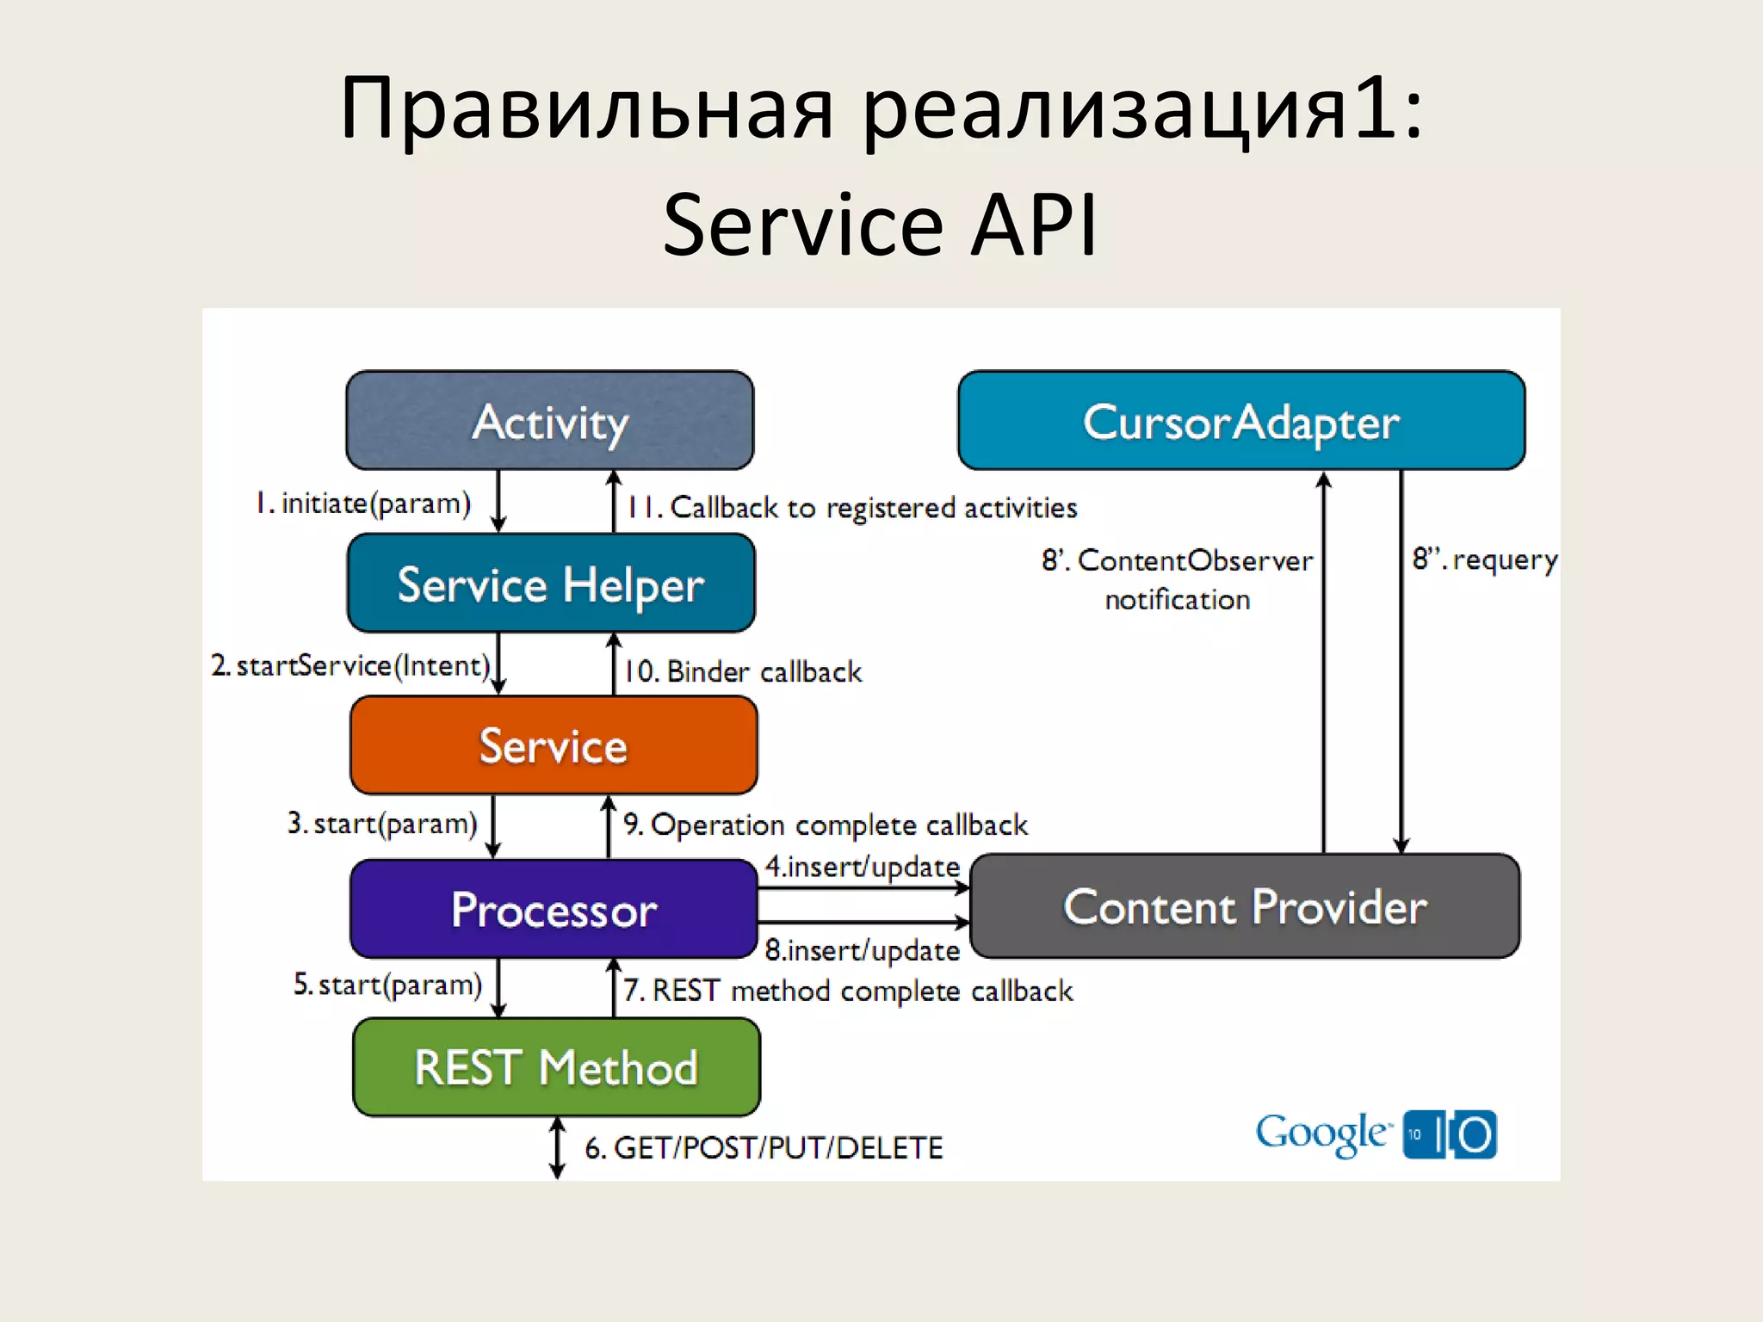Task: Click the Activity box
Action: click(x=549, y=421)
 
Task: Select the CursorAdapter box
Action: click(x=1240, y=421)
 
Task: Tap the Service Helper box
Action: click(x=551, y=584)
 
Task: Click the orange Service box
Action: click(x=554, y=745)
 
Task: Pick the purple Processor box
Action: click(x=554, y=909)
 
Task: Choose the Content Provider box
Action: click(x=1245, y=906)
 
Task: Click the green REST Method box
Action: click(x=556, y=1067)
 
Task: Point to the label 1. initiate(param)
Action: click(x=363, y=503)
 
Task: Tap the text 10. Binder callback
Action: click(x=742, y=671)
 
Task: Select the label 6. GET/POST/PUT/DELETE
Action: click(x=764, y=1147)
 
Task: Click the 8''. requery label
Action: click(x=1484, y=560)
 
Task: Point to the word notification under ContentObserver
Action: click(x=1177, y=600)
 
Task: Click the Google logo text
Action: click(x=1321, y=1134)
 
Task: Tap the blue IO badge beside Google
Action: click(x=1450, y=1134)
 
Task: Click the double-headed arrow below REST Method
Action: click(x=558, y=1147)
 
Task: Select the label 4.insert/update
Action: click(x=862, y=867)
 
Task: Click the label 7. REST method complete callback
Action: click(x=848, y=991)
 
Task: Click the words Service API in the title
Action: click(x=880, y=225)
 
